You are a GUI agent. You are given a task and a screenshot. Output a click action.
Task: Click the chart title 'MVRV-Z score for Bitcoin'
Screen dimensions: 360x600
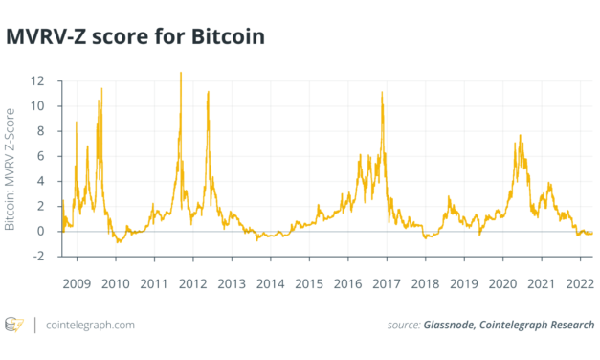[x=135, y=37]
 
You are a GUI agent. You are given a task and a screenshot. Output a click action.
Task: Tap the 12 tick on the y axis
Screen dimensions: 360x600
[x=37, y=80]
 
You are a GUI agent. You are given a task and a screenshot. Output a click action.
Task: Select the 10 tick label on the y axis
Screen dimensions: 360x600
[x=37, y=105]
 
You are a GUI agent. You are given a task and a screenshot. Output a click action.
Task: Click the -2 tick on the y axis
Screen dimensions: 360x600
[x=37, y=256]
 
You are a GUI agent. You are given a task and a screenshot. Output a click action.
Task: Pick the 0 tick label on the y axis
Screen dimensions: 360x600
[x=41, y=231]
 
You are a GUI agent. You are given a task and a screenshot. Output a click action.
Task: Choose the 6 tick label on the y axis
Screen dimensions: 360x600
[x=41, y=155]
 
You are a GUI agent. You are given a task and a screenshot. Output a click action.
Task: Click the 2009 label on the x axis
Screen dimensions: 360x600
[x=77, y=284]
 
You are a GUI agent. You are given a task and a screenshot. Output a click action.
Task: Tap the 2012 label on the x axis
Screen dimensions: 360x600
[x=192, y=284]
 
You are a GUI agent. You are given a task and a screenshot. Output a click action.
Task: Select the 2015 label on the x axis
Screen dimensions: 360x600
[x=309, y=284]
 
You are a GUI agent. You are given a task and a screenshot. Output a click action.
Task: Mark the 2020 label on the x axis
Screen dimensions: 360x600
[x=502, y=284]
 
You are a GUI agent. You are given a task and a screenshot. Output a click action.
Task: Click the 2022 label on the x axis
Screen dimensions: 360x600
[x=580, y=284]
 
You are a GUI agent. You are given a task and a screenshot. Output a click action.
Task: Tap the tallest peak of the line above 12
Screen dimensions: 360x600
[x=181, y=73]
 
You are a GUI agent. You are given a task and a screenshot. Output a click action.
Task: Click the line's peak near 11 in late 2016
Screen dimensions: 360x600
[x=382, y=92]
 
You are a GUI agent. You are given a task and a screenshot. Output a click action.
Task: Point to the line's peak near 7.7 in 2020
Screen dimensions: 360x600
[x=520, y=135]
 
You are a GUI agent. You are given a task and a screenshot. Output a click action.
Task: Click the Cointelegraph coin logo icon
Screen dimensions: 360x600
[x=15, y=326]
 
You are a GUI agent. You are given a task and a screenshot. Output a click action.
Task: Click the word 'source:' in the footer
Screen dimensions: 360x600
[x=402, y=326]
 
